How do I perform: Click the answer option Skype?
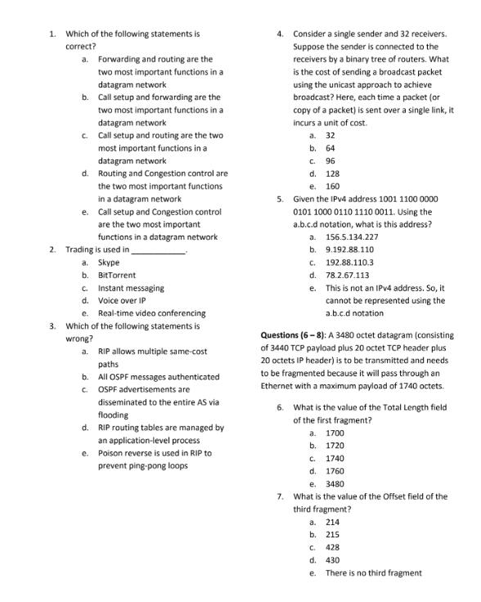(x=109, y=263)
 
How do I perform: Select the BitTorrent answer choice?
(x=117, y=276)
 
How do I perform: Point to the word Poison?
(x=110, y=452)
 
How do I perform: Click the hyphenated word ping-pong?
(x=144, y=465)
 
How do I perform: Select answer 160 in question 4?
(x=332, y=186)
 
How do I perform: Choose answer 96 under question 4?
(x=330, y=160)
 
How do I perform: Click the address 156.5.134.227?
(x=352, y=236)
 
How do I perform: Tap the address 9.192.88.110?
(x=349, y=249)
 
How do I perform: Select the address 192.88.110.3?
(x=349, y=263)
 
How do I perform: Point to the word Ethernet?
(x=281, y=385)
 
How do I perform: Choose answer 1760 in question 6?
(x=335, y=471)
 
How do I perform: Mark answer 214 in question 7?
(x=332, y=522)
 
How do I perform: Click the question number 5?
(x=280, y=199)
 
